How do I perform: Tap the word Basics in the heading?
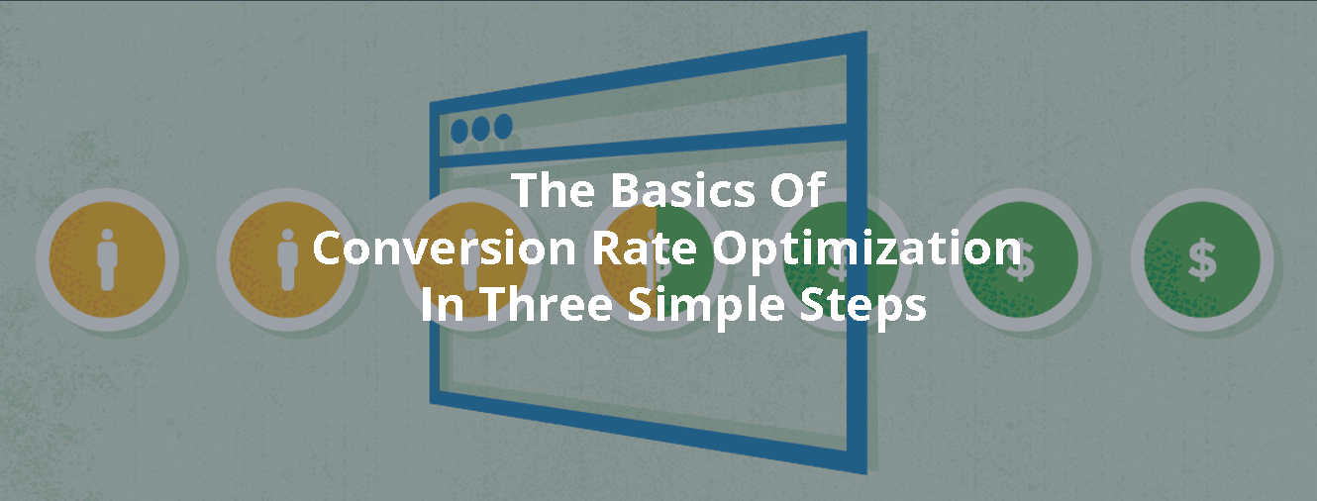click(x=672, y=190)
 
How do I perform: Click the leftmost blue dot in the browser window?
click(x=460, y=131)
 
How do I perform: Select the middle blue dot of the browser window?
click(x=482, y=129)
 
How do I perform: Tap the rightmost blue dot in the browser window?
click(x=504, y=126)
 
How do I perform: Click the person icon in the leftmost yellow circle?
click(x=107, y=260)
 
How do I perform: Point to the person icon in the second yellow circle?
click(x=287, y=260)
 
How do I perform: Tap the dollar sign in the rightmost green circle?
click(x=1202, y=260)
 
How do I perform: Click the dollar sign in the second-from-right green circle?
click(x=1020, y=261)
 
